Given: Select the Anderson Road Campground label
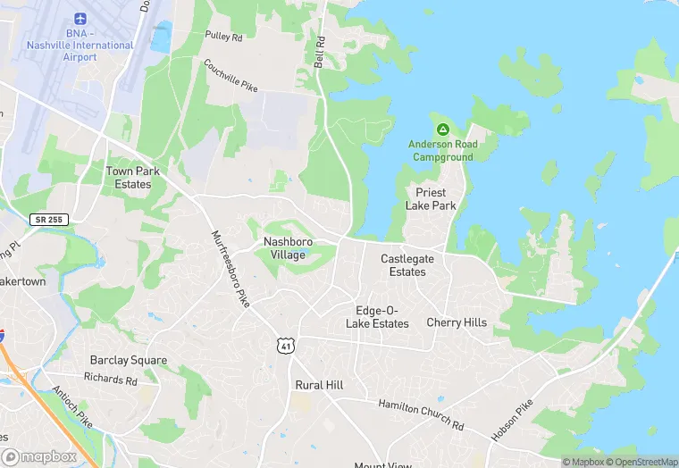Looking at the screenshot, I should coord(442,150).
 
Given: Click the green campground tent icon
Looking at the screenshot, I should coord(442,130).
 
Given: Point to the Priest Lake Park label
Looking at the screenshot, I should coord(431,198).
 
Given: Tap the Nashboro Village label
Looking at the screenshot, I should coord(284,248).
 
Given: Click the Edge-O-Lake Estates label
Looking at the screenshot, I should coord(377,317).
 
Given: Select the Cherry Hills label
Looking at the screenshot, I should coord(457,322).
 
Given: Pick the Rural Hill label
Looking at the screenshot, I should coord(319,385).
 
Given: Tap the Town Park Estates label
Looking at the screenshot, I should coord(129,177).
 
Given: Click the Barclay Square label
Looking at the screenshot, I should coord(128,360).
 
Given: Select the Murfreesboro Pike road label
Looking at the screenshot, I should coord(230,269).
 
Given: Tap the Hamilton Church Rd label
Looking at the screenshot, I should coord(421,414).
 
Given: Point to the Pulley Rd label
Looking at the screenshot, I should coord(223,37).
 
